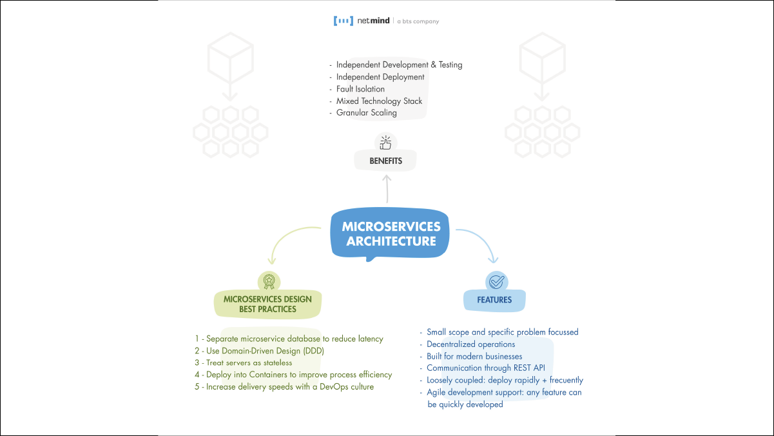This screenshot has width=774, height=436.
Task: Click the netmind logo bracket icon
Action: coord(343,21)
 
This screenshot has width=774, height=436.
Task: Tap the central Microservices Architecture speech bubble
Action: coord(391,234)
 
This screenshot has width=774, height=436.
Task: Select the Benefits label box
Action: coord(387,161)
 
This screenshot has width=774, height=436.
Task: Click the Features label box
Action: coord(495,300)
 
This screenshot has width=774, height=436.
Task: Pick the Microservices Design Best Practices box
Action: coord(267,304)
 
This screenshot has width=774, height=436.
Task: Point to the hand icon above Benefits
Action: coord(386,142)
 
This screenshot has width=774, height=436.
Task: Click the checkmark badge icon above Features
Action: coord(496,281)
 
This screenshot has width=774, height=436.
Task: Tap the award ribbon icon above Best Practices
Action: coord(268,281)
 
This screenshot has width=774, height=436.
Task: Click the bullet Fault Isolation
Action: coord(360,89)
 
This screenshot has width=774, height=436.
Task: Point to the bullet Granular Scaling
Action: coord(366,113)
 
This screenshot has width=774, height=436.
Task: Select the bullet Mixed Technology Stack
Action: coord(379,101)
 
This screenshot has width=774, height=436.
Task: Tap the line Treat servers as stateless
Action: coord(249,363)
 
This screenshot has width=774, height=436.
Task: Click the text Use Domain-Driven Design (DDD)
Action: coord(265,351)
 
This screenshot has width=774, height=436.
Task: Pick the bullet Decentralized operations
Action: coord(470,344)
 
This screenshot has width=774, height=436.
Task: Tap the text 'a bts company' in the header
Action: coord(418,21)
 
